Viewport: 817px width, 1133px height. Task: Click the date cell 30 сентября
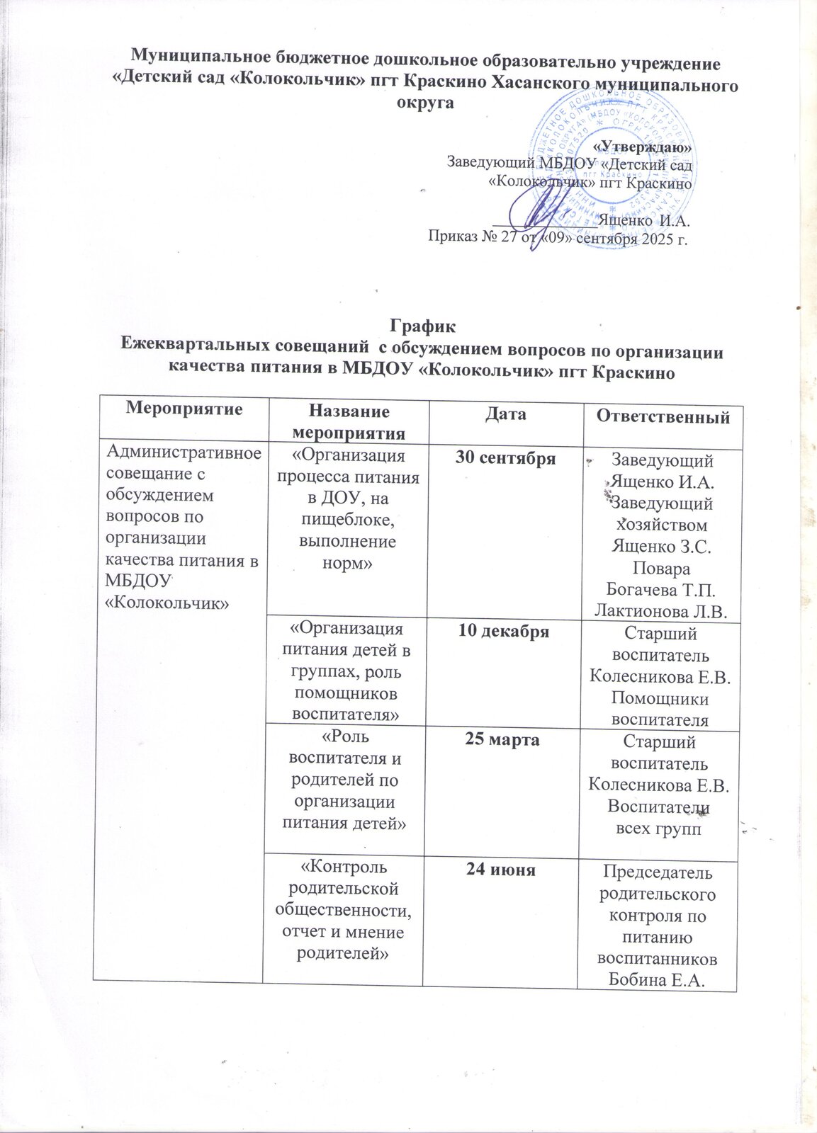point(505,457)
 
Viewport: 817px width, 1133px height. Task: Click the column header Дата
point(507,414)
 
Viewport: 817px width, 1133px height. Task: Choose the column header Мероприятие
point(184,409)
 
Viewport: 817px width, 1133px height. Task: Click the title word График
point(422,327)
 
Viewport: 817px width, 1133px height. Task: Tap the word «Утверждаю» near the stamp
point(643,147)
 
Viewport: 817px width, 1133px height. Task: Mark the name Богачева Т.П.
point(661,591)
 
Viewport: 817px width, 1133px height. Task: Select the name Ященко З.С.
point(661,547)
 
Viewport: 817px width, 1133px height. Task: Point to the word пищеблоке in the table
point(345,520)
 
